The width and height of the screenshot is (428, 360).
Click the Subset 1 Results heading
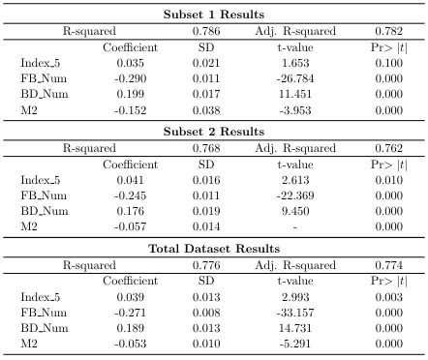(214, 15)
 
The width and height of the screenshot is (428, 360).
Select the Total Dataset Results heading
(214, 249)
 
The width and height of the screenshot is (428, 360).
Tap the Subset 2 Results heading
(214, 132)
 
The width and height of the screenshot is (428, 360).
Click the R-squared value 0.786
(206, 31)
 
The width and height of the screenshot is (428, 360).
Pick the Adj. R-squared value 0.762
(389, 148)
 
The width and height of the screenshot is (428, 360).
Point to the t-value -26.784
(295, 78)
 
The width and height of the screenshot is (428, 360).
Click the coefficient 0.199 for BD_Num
(131, 94)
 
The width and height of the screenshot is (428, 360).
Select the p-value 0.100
(389, 63)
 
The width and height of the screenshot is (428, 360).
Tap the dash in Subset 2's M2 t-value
(295, 227)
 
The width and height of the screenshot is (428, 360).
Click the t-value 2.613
(295, 180)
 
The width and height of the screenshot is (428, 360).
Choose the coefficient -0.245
(131, 195)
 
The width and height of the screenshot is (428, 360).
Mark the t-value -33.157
(295, 313)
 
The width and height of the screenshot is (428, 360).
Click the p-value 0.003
(389, 297)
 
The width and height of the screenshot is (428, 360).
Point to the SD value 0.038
(206, 110)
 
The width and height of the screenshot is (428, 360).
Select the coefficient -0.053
(131, 344)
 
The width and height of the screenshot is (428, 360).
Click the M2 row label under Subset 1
(29, 110)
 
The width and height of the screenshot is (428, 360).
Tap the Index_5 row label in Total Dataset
(41, 297)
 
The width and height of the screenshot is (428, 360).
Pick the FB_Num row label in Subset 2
(44, 195)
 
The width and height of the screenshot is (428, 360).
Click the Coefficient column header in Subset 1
(131, 47)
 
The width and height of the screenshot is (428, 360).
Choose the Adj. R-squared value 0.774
(389, 265)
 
